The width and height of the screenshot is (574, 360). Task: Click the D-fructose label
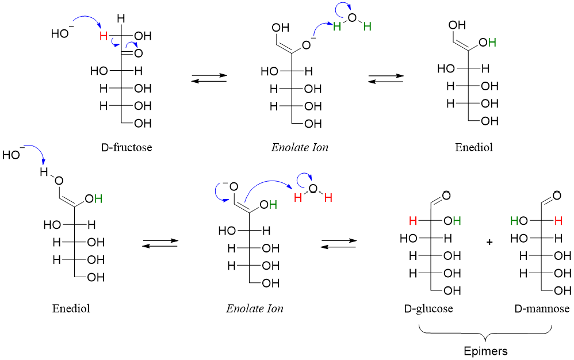point(127,147)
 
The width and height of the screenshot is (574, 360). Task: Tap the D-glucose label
point(428,309)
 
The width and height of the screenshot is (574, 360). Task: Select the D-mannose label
point(542,309)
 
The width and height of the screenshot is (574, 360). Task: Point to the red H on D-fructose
point(104,36)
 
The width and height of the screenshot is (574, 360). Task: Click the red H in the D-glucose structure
point(412,221)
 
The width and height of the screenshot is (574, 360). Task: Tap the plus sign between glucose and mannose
point(489,242)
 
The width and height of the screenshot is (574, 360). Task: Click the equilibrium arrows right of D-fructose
point(208,78)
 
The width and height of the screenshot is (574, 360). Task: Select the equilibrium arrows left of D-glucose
point(338,244)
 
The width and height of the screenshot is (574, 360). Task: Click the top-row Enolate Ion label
point(300,147)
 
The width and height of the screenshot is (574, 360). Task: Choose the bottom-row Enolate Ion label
point(255,309)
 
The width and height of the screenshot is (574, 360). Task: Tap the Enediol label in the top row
point(474,147)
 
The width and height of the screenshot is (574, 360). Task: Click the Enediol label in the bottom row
point(71,309)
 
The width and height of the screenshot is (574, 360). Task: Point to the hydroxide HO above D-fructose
point(60,33)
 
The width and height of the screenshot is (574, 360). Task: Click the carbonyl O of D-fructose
point(138,53)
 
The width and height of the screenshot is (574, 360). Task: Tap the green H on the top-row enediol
point(491,41)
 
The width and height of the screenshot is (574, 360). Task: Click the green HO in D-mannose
point(518,221)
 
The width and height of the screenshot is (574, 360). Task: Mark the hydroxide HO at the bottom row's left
point(12,154)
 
